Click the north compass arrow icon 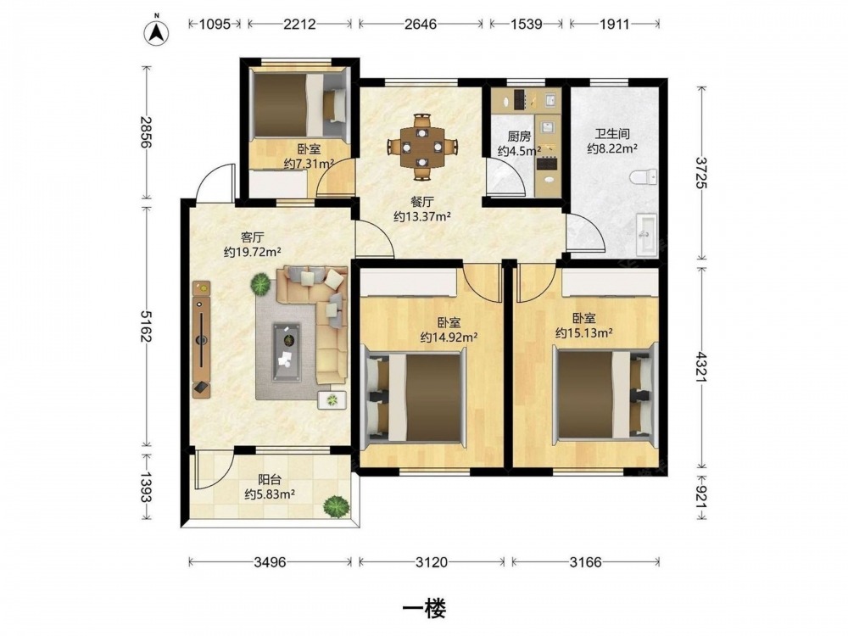tap(156, 33)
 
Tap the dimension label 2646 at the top tap(421, 25)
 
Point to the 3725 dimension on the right tap(701, 172)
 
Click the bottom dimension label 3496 tap(270, 562)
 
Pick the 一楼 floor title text tap(424, 608)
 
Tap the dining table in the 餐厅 tap(422, 146)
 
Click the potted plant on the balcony tap(336, 507)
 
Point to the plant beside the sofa tap(260, 284)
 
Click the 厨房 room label tap(519, 137)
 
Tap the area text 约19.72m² tap(252, 252)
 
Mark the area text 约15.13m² tap(584, 333)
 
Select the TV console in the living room tap(202, 339)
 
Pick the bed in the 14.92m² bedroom tap(416, 396)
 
